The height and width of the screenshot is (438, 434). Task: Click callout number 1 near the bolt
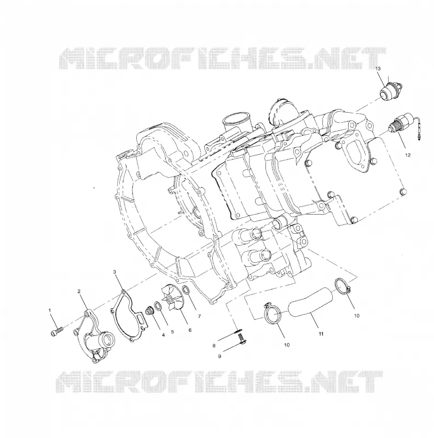[x=50, y=310]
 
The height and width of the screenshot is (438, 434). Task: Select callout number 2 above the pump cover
[x=79, y=291]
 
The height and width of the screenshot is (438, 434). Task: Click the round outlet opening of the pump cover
[x=108, y=341]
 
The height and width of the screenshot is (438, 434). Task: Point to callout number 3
[x=114, y=271]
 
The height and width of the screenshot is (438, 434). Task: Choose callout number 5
[x=172, y=332]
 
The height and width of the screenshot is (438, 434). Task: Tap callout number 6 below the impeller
[x=190, y=330]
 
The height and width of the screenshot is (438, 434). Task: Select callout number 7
[x=199, y=316]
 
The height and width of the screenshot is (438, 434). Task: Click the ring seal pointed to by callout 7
[x=186, y=291]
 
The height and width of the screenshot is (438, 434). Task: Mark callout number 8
[x=214, y=345]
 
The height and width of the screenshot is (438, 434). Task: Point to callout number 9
[x=219, y=356]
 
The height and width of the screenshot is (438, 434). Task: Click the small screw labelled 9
[x=241, y=341]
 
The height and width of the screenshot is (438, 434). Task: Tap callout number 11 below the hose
[x=321, y=333]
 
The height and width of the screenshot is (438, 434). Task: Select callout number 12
[x=408, y=155]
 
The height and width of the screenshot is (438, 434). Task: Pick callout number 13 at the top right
[x=378, y=68]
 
